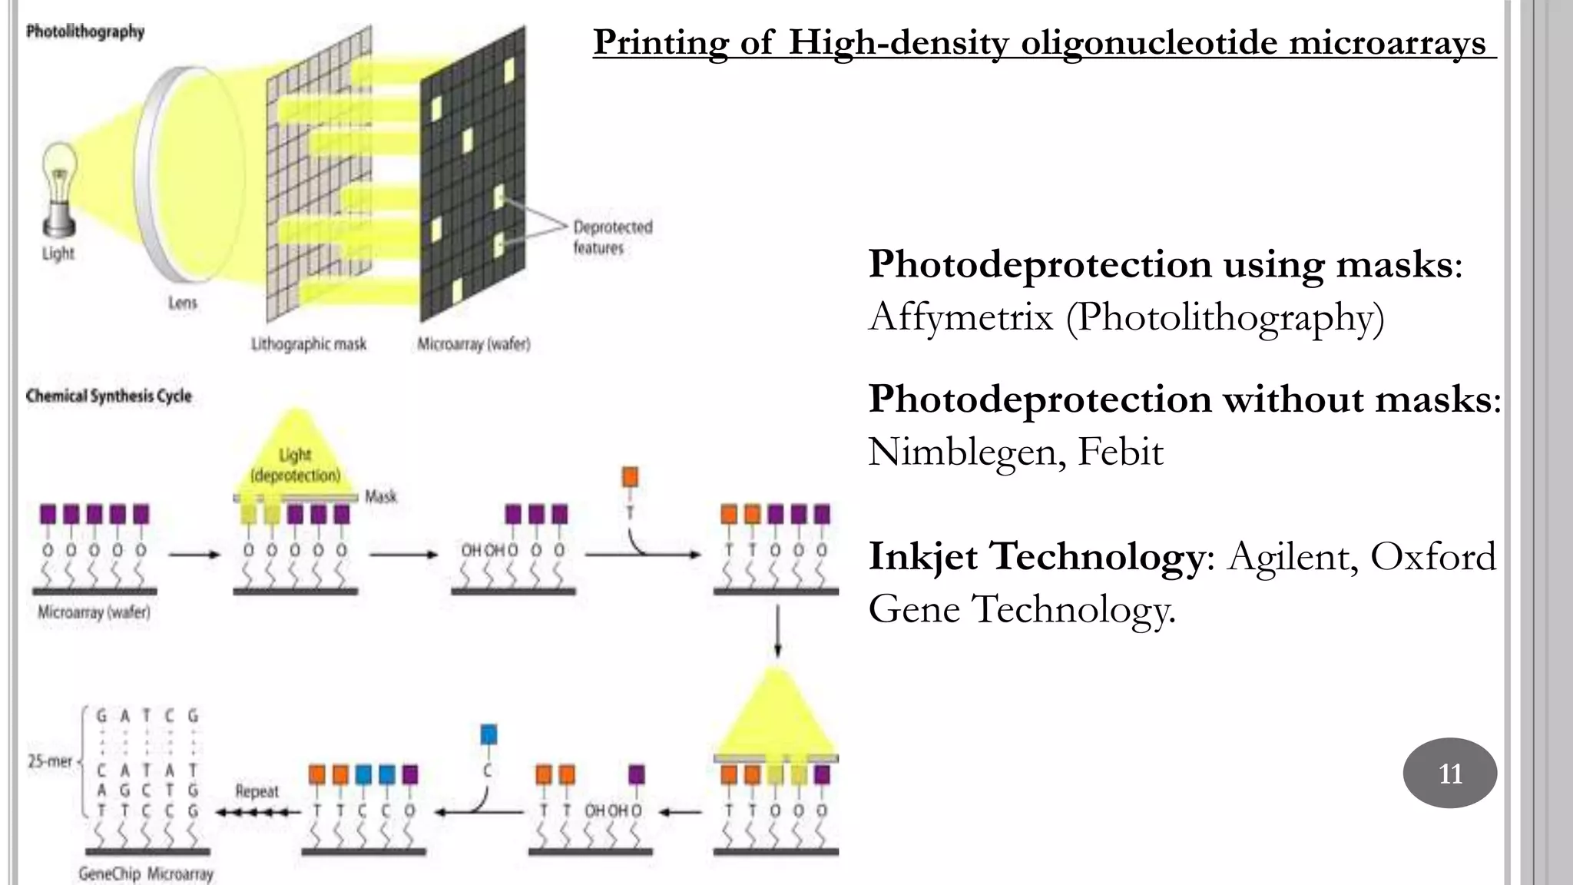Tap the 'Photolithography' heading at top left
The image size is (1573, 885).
pos(85,32)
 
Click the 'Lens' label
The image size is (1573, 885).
pos(183,303)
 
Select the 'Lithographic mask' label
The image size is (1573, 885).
pos(309,344)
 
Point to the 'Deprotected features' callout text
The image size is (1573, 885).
pos(612,237)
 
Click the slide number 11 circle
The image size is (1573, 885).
pos(1449,773)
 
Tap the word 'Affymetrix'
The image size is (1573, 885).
pos(960,317)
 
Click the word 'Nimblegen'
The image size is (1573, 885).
pos(967,452)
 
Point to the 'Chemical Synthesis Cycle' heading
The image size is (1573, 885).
pos(109,396)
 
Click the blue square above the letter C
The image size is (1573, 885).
pos(488,734)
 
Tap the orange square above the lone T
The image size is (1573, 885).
pos(630,477)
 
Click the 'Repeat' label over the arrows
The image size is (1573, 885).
pos(257,791)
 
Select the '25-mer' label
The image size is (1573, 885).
pos(50,761)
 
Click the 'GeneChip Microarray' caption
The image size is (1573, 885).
pos(146,874)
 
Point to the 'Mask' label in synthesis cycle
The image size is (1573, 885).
pos(381,496)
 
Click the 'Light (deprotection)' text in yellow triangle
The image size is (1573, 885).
pos(296,465)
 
